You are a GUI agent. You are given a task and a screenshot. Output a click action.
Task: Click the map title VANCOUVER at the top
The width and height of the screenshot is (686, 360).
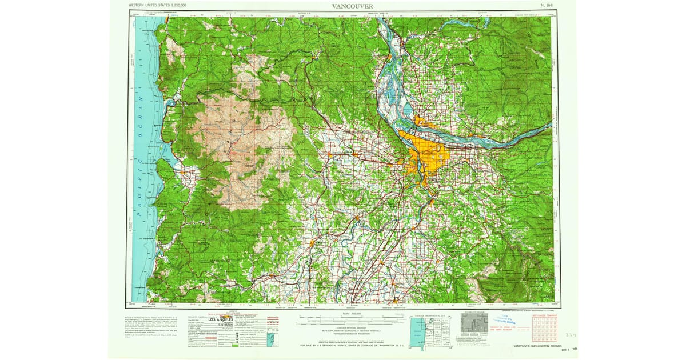(353, 6)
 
